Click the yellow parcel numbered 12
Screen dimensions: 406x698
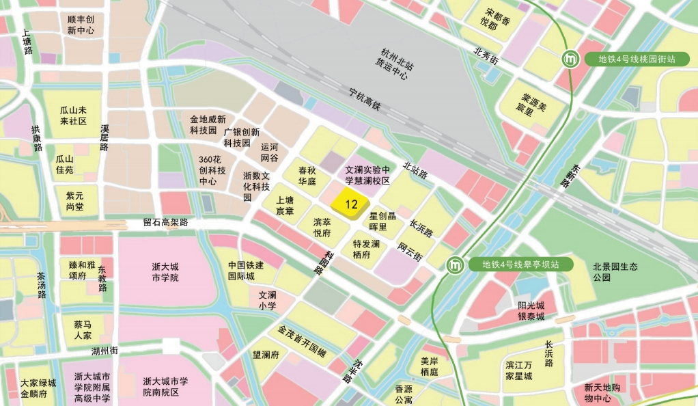(x=351, y=204)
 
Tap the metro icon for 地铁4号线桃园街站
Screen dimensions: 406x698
(x=570, y=59)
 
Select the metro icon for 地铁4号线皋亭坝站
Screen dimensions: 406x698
(x=456, y=265)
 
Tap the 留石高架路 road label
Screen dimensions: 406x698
(x=165, y=222)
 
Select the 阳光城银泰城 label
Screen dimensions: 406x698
(x=531, y=310)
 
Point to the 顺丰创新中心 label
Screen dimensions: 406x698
(x=81, y=25)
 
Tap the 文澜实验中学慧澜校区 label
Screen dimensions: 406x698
(x=367, y=175)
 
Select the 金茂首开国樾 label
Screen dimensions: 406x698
(x=301, y=341)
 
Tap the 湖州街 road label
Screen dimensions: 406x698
(x=104, y=351)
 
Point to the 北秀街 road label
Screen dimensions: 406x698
(x=486, y=56)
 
